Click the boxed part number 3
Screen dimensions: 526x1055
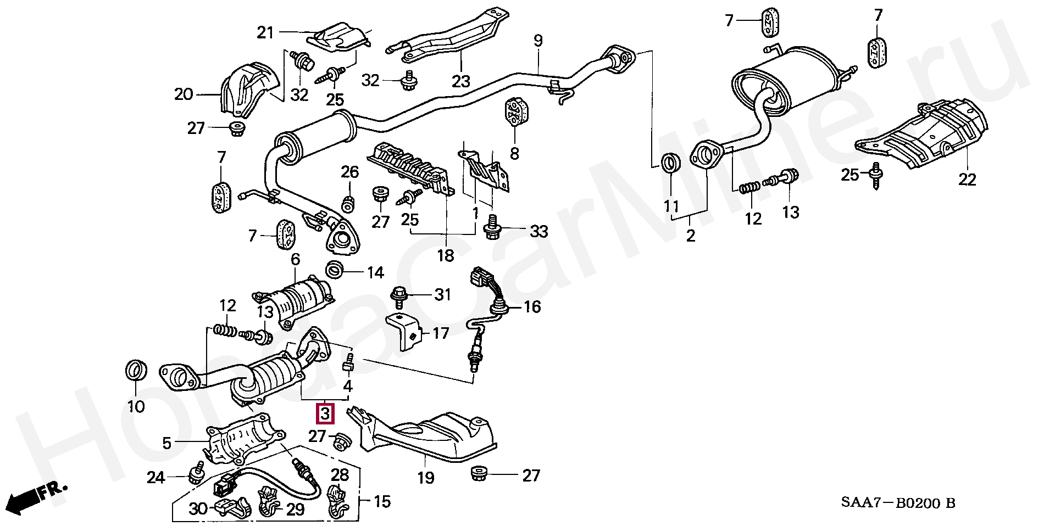[x=325, y=413]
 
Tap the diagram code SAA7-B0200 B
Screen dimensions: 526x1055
[x=898, y=503]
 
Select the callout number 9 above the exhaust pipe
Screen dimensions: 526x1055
[x=538, y=41]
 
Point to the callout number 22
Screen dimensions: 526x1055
[x=967, y=180]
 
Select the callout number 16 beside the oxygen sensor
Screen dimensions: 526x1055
[x=532, y=306]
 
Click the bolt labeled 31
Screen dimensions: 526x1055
[x=398, y=296]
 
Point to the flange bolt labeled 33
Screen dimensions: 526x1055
[x=492, y=228]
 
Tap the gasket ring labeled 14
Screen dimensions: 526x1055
[x=335, y=270]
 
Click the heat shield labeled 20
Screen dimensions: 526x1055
[x=246, y=90]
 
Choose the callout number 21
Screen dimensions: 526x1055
[x=265, y=33]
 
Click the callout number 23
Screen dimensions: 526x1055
[x=460, y=81]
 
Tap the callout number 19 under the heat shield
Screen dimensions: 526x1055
[x=425, y=478]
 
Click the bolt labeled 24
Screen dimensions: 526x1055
[x=196, y=474]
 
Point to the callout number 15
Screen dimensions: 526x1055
[x=382, y=501]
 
